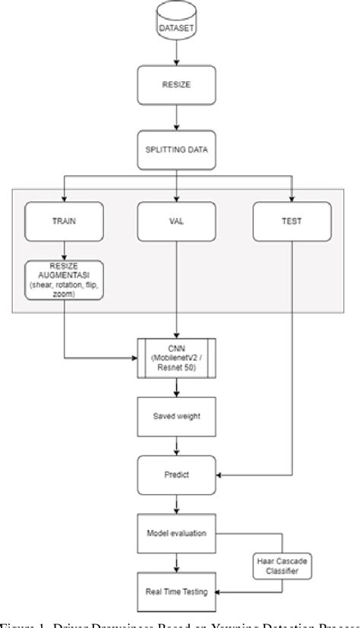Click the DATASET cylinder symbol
coord(177,25)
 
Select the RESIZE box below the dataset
coord(177,85)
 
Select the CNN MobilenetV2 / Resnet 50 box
coord(177,355)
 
